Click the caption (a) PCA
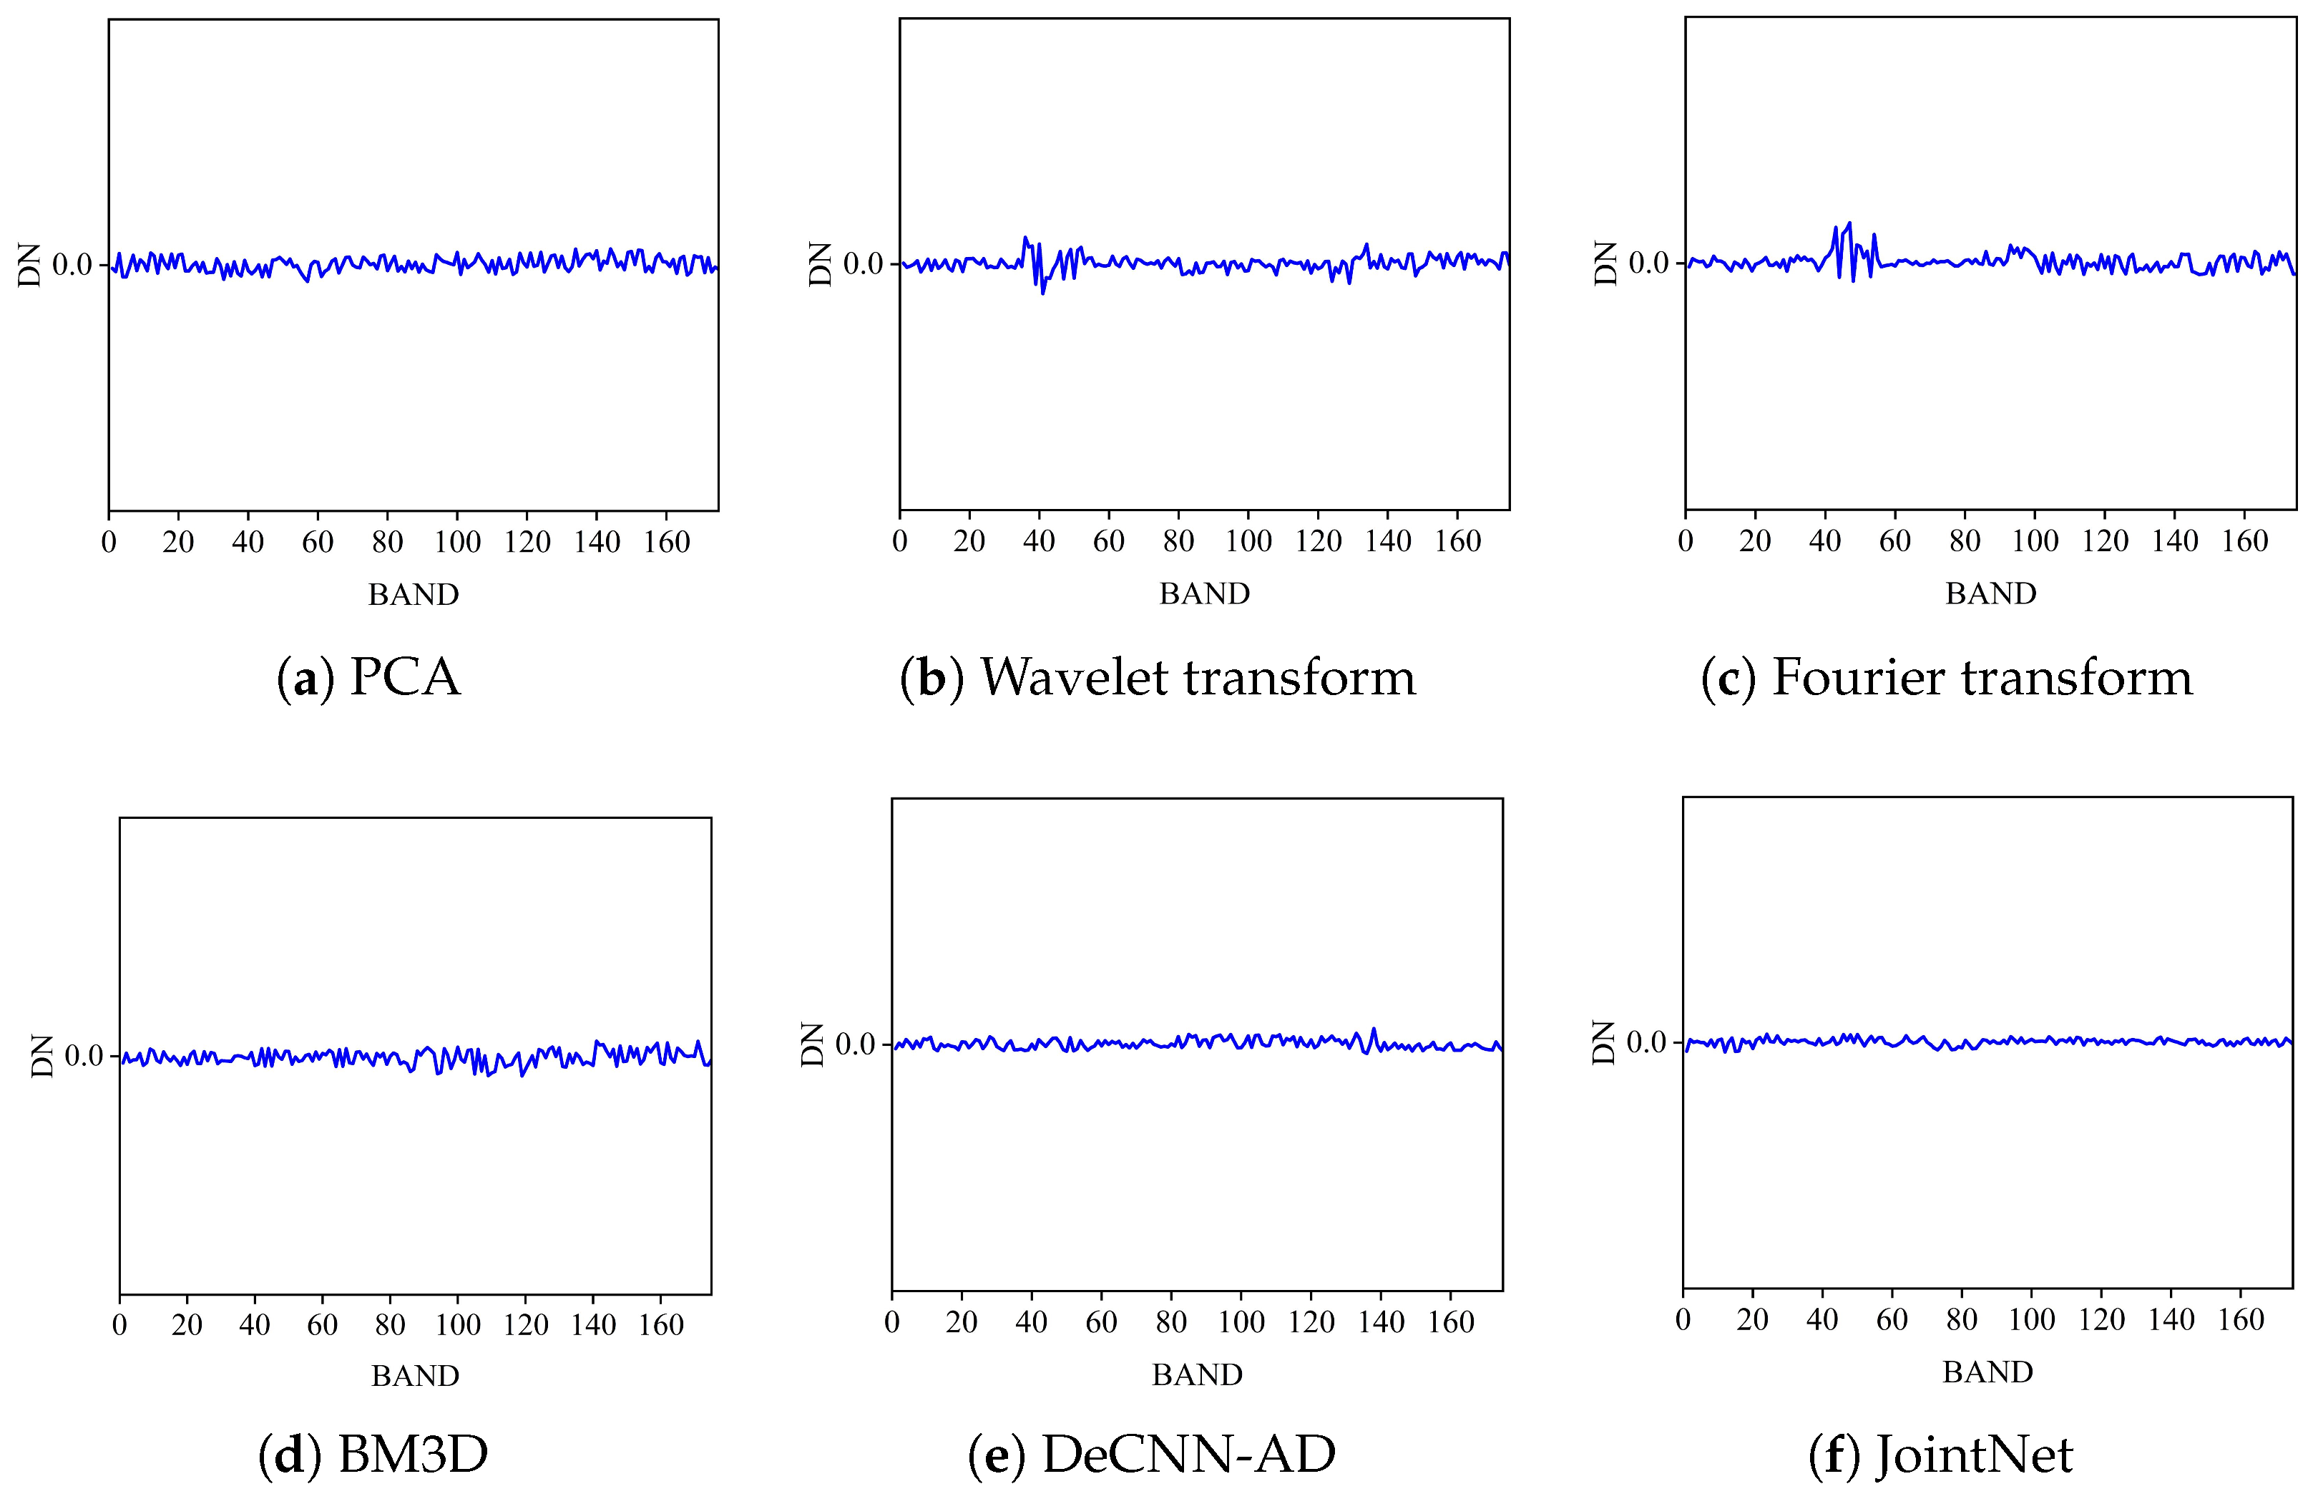tap(368, 678)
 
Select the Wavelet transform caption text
tap(1158, 678)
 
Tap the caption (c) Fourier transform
tap(1947, 678)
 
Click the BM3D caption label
tap(373, 1455)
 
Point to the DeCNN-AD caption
tap(1152, 1455)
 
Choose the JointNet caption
tap(1941, 1455)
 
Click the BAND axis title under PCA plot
tap(413, 595)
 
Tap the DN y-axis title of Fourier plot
tap(1605, 263)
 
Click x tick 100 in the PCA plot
tap(456, 543)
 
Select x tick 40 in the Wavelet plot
tap(1039, 541)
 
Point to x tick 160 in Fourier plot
tap(2245, 541)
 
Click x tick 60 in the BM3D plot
tap(322, 1325)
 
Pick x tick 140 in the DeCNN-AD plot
tap(1381, 1322)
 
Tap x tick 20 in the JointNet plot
tap(1752, 1320)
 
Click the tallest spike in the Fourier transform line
tap(1849, 223)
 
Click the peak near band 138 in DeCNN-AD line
tap(1373, 1029)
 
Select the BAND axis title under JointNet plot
tap(1987, 1372)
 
